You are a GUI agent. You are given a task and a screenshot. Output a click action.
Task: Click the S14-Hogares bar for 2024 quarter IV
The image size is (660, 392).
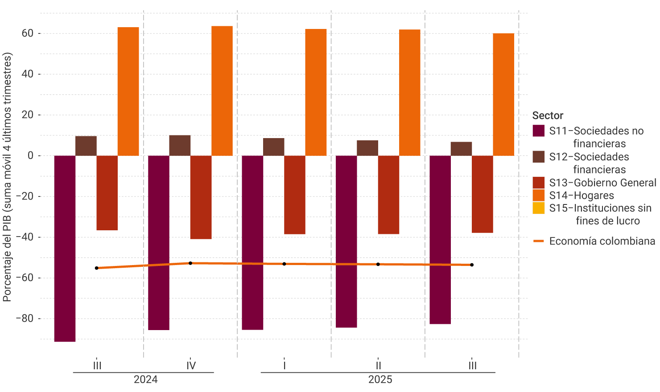click(x=222, y=91)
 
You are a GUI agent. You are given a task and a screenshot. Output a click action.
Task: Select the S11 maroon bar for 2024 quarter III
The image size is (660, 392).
click(x=65, y=249)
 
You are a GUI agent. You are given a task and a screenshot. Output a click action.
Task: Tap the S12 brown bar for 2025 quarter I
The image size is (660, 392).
click(x=273, y=147)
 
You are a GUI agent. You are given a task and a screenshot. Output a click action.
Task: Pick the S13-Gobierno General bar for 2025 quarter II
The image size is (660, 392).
click(x=388, y=195)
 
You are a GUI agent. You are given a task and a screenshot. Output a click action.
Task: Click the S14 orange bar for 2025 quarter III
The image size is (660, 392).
click(x=503, y=94)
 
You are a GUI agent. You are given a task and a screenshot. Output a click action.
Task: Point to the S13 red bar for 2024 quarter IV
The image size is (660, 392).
click(x=201, y=197)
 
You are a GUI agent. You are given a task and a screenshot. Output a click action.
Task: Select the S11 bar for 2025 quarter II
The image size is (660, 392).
click(x=346, y=241)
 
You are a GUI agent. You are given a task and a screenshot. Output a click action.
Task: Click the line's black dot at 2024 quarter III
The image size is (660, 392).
click(x=96, y=268)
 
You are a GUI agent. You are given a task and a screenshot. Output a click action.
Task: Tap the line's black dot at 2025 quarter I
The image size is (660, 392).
click(x=284, y=264)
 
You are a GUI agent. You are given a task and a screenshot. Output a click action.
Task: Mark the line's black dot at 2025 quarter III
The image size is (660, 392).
click(x=472, y=265)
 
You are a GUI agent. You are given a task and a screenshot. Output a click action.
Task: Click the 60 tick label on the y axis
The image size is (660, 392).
click(x=28, y=33)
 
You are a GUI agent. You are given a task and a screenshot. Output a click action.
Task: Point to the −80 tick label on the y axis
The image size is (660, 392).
click(x=25, y=318)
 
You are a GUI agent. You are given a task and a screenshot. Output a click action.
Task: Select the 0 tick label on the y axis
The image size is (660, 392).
click(x=30, y=155)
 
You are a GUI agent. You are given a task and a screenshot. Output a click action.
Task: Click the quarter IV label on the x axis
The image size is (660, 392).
click(x=191, y=366)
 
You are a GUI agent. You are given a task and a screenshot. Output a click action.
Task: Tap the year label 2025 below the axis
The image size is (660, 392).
click(x=380, y=380)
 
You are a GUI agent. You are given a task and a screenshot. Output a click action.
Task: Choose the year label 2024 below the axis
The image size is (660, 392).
click(x=145, y=380)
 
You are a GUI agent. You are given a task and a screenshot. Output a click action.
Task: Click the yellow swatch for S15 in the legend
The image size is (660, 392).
click(x=539, y=208)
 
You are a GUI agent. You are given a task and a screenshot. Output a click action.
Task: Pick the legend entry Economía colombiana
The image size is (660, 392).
click(x=602, y=241)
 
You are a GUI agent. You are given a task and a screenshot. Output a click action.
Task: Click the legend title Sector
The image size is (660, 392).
click(x=548, y=115)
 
